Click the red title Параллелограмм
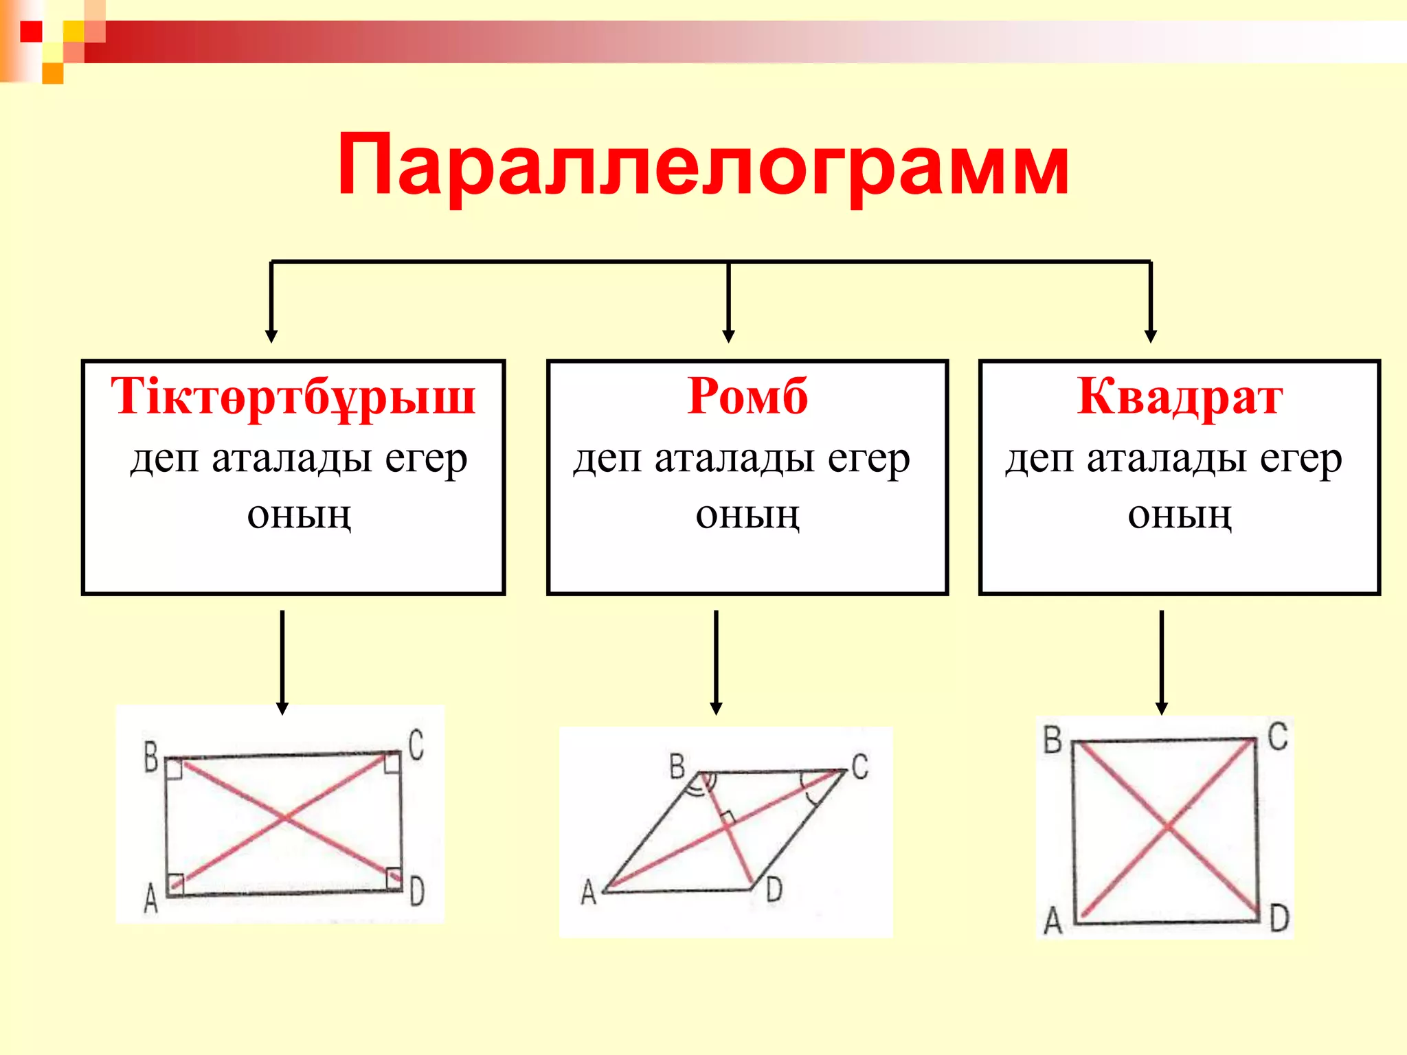(702, 166)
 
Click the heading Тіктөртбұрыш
(293, 396)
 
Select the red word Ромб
(747, 396)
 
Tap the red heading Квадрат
(1179, 396)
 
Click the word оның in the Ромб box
(747, 515)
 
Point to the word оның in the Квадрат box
(1179, 515)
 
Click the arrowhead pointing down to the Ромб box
(729, 336)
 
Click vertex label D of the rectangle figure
(417, 891)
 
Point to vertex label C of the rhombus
(860, 766)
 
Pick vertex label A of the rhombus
(588, 892)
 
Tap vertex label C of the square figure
(1277, 736)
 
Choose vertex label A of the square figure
(1053, 920)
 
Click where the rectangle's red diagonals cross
(285, 817)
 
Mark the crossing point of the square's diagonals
(1167, 827)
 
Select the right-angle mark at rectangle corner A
(177, 881)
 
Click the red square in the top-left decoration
(31, 32)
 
